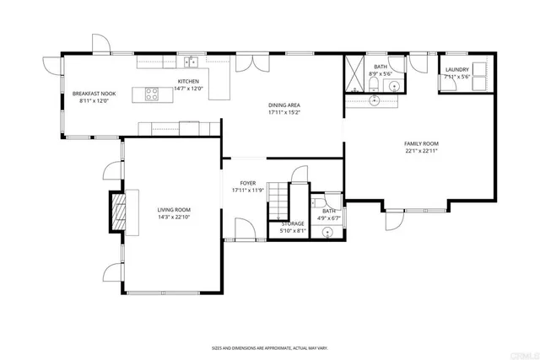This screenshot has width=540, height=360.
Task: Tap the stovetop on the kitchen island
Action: point(153,94)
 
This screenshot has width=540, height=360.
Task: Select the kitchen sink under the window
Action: point(193,62)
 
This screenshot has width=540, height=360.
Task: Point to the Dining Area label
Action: point(284,105)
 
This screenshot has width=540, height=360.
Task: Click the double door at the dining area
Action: point(249,63)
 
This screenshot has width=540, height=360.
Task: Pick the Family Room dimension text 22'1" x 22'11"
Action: point(421,152)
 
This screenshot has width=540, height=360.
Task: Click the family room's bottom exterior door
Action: point(394,218)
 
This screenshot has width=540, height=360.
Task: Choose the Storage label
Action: point(293,223)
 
